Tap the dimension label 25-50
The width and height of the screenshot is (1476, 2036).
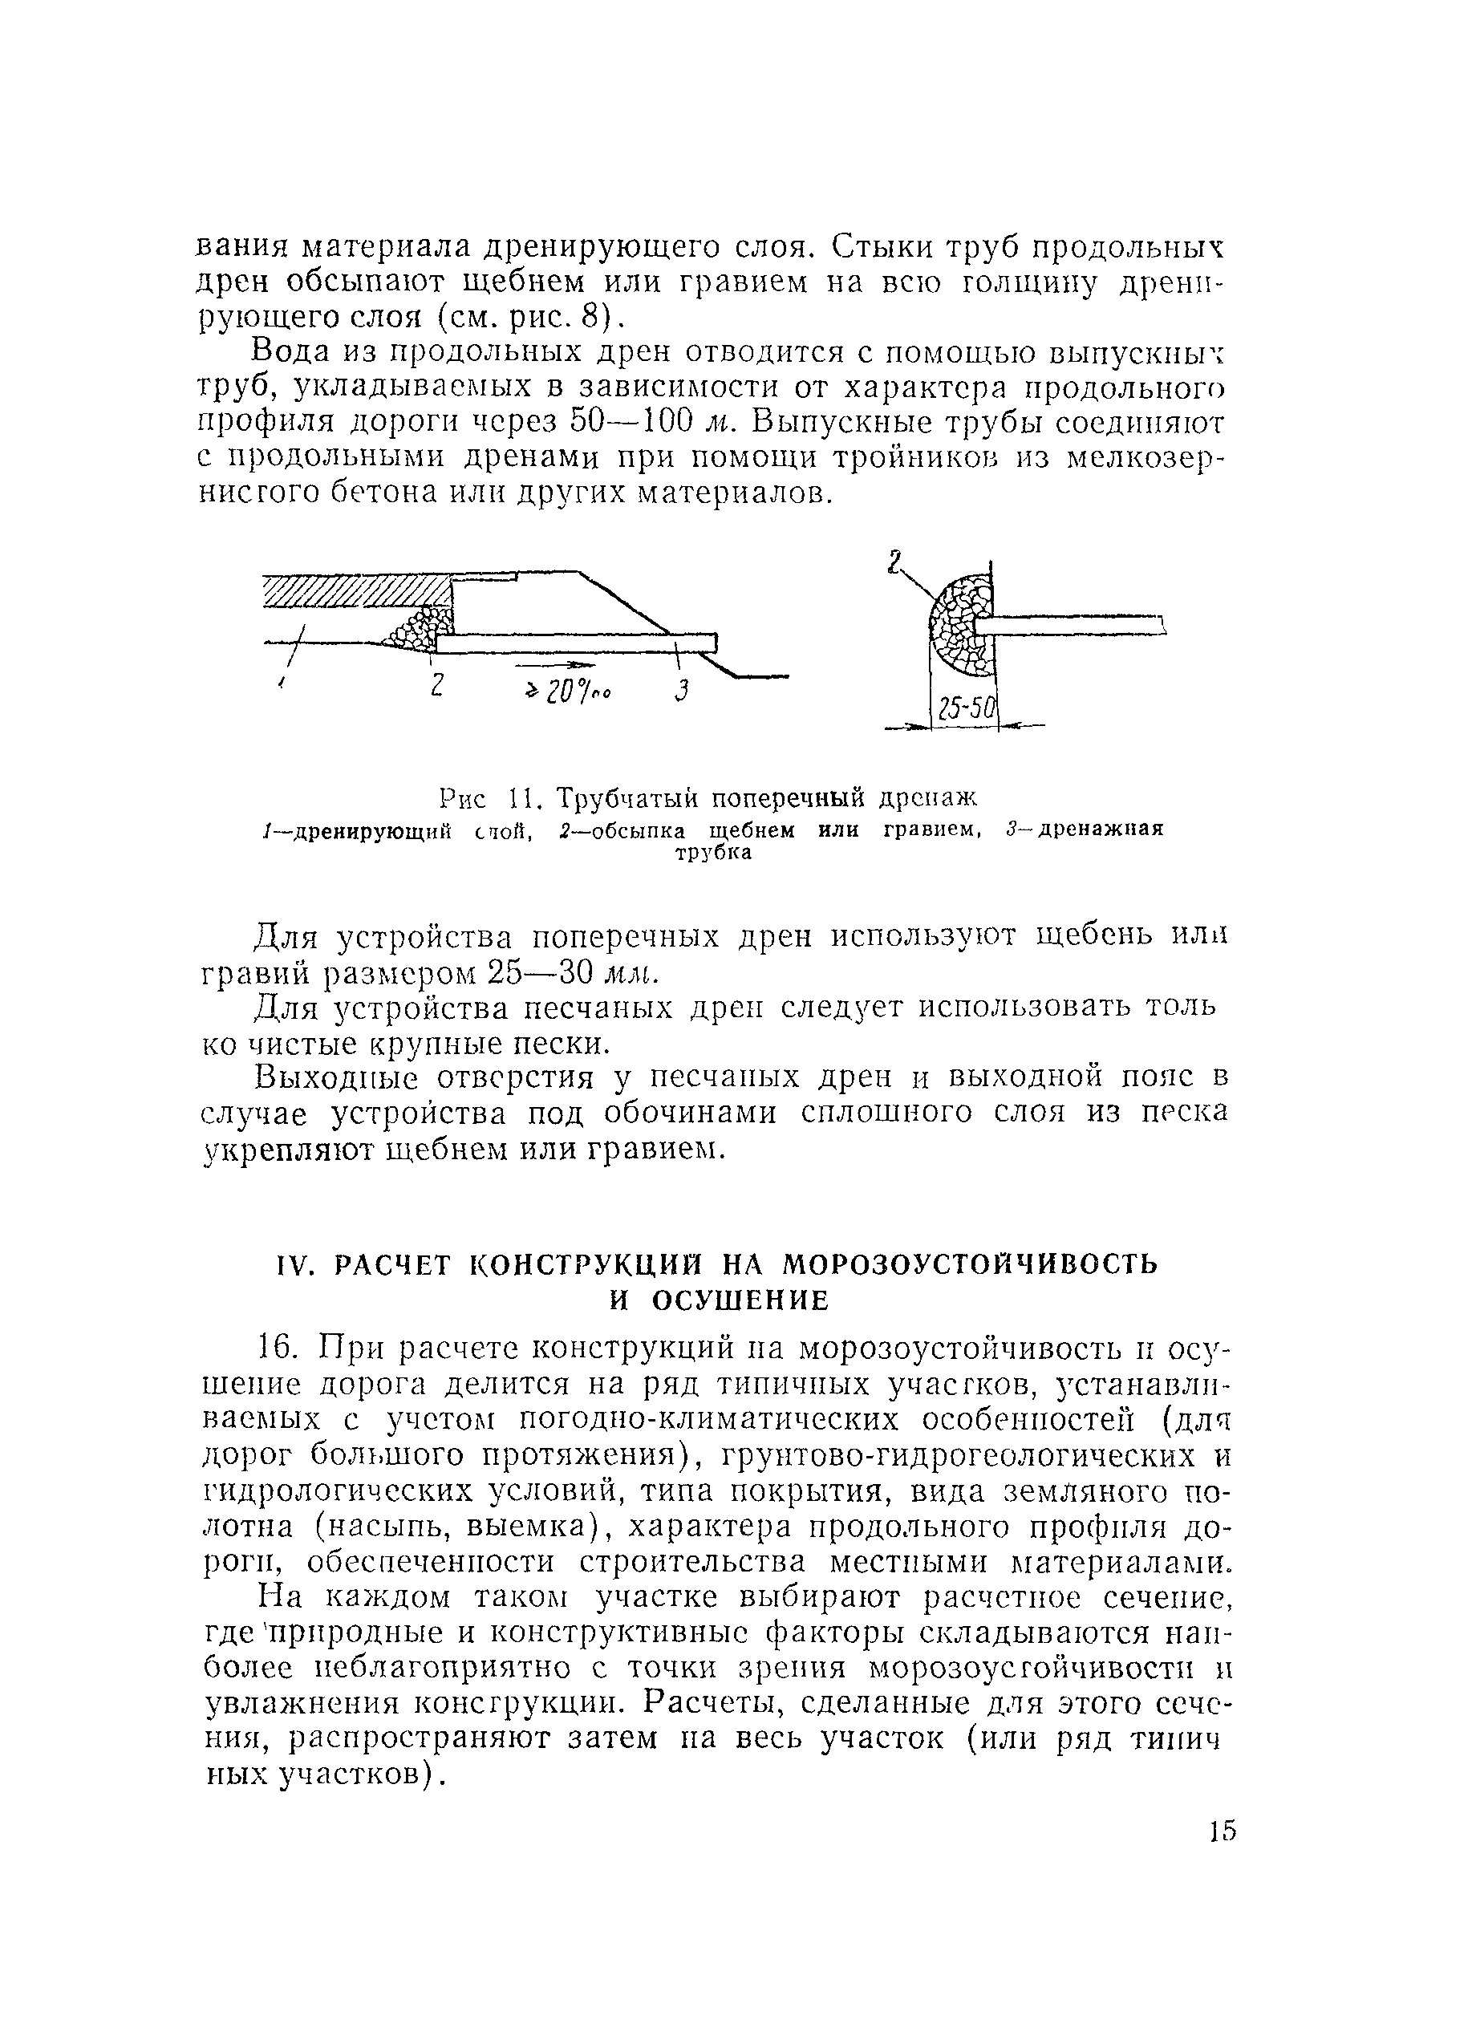(x=964, y=711)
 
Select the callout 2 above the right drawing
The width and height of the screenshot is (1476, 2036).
(x=894, y=564)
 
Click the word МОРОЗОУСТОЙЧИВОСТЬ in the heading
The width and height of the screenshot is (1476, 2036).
(x=971, y=1265)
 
